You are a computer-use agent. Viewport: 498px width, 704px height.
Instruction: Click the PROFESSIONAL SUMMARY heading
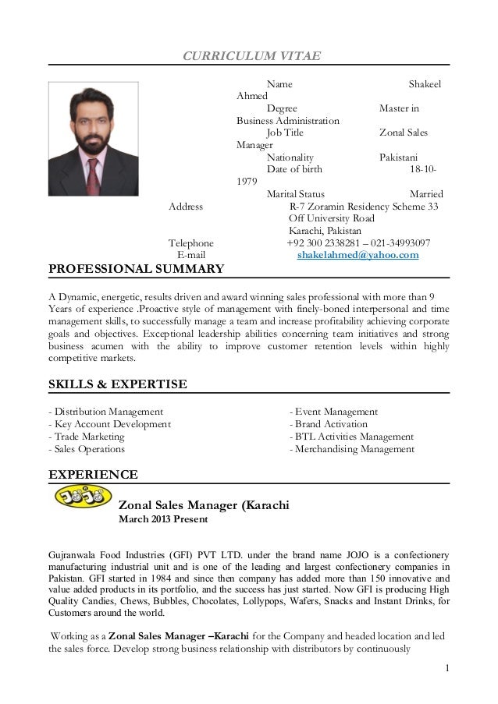coord(137,270)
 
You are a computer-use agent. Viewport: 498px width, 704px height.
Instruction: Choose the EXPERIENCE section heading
coord(94,473)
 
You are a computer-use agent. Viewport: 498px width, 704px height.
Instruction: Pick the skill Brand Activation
coord(328,423)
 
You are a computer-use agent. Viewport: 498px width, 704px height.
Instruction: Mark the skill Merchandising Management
coord(352,449)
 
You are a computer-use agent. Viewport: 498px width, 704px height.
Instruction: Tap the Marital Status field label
coord(297,194)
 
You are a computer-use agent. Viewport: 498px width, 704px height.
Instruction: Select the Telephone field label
coord(191,243)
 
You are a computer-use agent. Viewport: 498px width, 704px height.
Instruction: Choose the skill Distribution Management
coord(106,411)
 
